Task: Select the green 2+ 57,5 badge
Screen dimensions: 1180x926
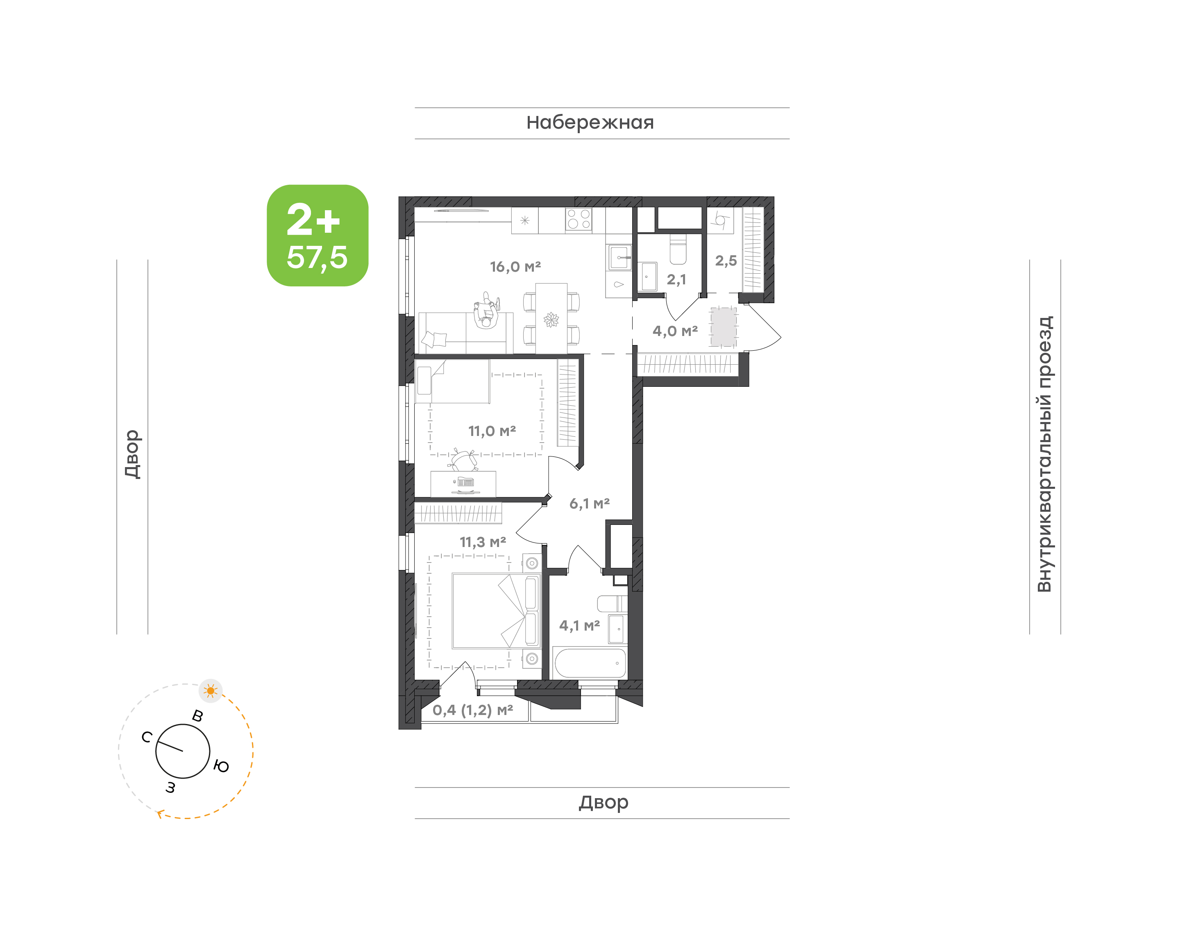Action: pyautogui.click(x=318, y=235)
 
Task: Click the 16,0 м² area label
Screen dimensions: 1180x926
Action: pyautogui.click(x=515, y=267)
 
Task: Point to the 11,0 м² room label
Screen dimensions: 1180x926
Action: pyautogui.click(x=492, y=431)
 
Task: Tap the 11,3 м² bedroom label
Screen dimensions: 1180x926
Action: pyautogui.click(x=483, y=542)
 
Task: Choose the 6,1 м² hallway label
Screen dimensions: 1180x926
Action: pyautogui.click(x=590, y=504)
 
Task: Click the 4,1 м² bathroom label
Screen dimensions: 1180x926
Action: pyautogui.click(x=579, y=626)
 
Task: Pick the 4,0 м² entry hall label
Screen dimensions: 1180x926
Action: pyautogui.click(x=675, y=331)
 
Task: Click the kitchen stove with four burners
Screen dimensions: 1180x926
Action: pyautogui.click(x=579, y=220)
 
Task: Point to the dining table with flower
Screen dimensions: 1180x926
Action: pyautogui.click(x=551, y=318)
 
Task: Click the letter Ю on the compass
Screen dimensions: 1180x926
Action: pyautogui.click(x=221, y=766)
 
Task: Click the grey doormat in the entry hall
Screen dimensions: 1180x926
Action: pyautogui.click(x=724, y=327)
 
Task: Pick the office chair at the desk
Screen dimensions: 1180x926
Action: pyautogui.click(x=464, y=460)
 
